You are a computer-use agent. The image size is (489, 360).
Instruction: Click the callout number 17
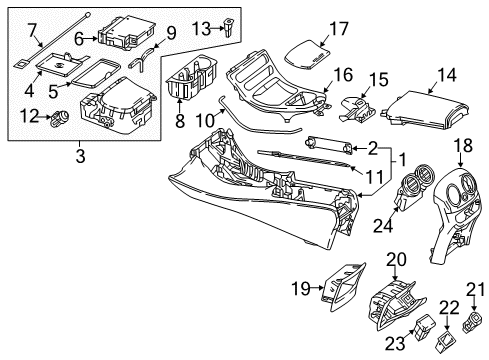pos(339,29)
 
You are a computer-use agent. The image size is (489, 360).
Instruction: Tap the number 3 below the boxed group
pos(80,156)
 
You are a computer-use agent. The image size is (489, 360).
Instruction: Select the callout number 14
pos(447,75)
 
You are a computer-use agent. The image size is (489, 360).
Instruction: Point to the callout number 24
pos(383,226)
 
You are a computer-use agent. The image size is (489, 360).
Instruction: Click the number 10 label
pos(205,120)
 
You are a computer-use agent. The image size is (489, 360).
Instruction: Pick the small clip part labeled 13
pos(229,28)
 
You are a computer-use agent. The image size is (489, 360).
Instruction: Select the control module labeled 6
pos(127,33)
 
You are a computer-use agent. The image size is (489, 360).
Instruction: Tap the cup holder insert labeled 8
pos(192,77)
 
